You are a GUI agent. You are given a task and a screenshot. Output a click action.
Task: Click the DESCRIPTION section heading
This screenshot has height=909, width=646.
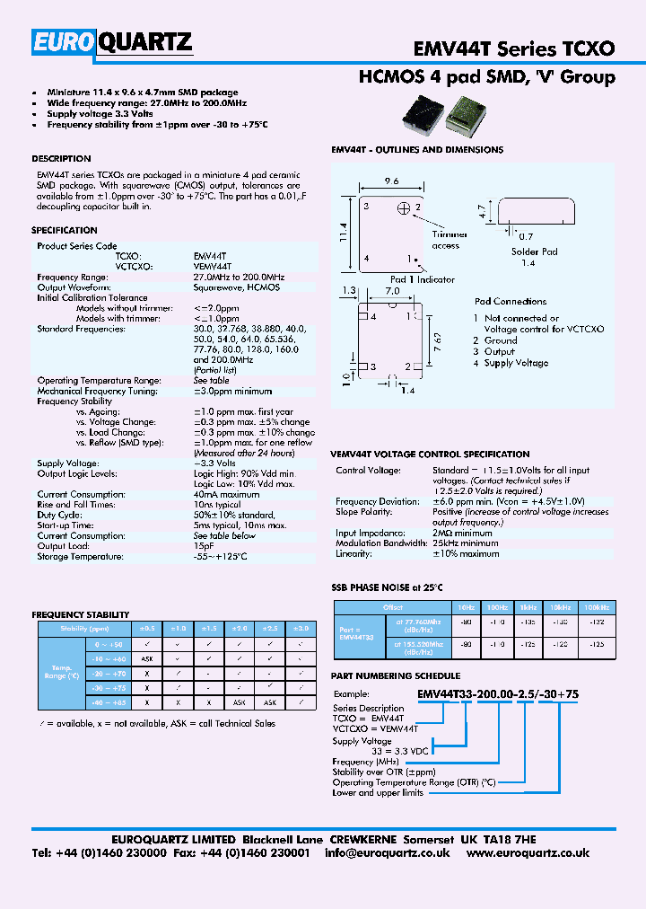[61, 159]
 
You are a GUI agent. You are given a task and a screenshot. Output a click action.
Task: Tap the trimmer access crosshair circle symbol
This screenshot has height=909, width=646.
[404, 208]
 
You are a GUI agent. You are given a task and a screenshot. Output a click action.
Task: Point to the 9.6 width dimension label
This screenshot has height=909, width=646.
[391, 181]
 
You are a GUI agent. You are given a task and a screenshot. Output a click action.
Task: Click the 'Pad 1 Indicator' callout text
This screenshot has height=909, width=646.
[422, 279]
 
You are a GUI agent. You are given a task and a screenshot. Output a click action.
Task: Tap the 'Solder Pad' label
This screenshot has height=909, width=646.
[535, 252]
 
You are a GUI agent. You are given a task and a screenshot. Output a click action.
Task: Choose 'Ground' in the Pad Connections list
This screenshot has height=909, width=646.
[501, 340]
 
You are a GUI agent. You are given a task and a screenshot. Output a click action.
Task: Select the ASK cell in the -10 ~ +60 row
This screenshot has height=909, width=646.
[147, 658]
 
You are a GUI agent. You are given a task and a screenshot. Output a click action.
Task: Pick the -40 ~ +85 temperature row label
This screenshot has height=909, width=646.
[109, 702]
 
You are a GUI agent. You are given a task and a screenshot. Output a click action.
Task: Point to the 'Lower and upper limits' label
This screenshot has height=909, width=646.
[378, 792]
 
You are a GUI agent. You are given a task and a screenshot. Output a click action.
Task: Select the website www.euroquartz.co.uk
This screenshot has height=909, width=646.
[528, 853]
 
